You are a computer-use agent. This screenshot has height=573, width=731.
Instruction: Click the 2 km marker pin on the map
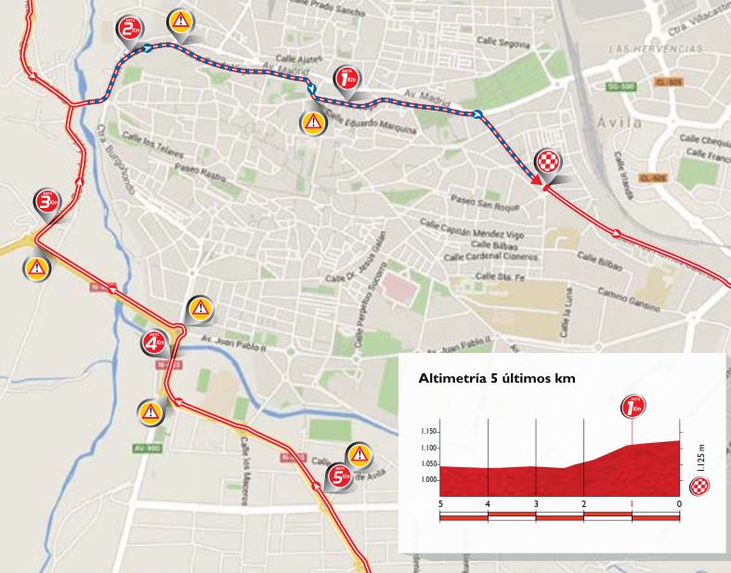(x=128, y=30)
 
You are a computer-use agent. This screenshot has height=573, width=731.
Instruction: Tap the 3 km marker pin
(x=46, y=202)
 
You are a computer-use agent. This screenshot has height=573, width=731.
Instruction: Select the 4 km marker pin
(x=153, y=345)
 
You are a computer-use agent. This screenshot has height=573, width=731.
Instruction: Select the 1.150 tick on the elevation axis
(x=428, y=432)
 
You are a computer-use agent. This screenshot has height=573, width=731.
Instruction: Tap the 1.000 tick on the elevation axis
(x=428, y=480)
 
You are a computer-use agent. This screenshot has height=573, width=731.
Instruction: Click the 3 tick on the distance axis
(x=536, y=503)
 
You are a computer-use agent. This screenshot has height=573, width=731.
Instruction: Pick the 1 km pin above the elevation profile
(x=634, y=406)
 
